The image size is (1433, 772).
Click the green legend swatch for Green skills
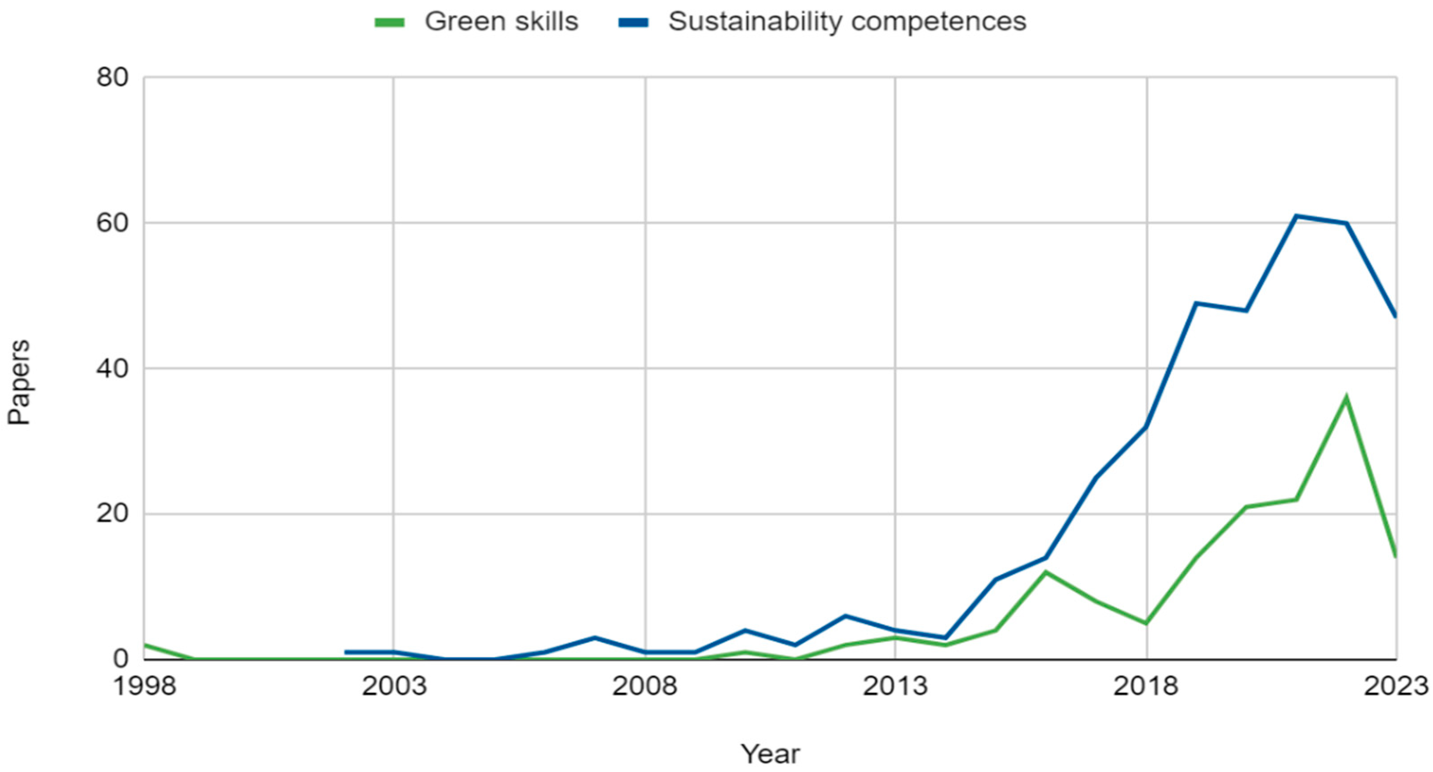[390, 23]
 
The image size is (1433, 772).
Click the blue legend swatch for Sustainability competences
[633, 23]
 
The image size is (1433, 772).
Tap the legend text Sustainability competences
[846, 22]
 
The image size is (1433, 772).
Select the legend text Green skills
[501, 22]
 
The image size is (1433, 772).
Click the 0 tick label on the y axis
[120, 659]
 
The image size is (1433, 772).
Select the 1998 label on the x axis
[145, 686]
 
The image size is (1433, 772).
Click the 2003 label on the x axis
[394, 686]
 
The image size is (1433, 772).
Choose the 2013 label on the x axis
[895, 686]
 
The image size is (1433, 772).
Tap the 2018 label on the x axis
[1146, 686]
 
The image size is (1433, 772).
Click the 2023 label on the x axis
[1395, 686]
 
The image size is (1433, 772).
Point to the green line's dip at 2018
[1146, 623]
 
